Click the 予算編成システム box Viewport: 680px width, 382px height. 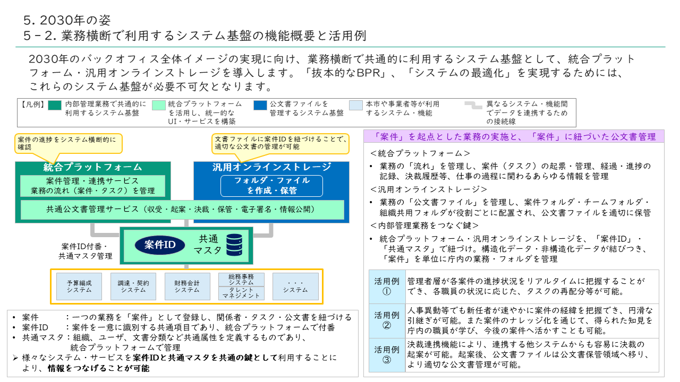pos(79,286)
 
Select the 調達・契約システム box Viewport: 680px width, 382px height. pos(133,286)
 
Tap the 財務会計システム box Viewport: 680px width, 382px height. pos(187,286)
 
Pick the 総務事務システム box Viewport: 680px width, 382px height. pos(241,280)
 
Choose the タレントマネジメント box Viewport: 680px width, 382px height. pos(241,293)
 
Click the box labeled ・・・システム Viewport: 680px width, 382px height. pos(295,286)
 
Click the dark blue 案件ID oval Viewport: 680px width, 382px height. pos(160,245)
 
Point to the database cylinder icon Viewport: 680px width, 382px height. pos(234,245)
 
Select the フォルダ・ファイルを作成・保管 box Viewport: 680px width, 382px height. pos(271,186)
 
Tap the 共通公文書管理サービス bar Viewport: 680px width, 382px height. pos(182,210)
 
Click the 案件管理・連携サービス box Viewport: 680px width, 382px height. pos(93,186)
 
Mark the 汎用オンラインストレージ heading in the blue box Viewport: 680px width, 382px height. pos(271,167)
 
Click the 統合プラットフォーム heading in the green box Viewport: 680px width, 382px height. pos(93,167)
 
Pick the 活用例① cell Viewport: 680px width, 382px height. pos(387,286)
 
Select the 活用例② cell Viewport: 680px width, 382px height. pos(387,320)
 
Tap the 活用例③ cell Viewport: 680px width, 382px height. pos(387,355)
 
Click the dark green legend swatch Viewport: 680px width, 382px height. pos(55,105)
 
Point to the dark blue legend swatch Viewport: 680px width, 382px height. pos(260,105)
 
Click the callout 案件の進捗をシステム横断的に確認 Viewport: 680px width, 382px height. pos(68,143)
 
